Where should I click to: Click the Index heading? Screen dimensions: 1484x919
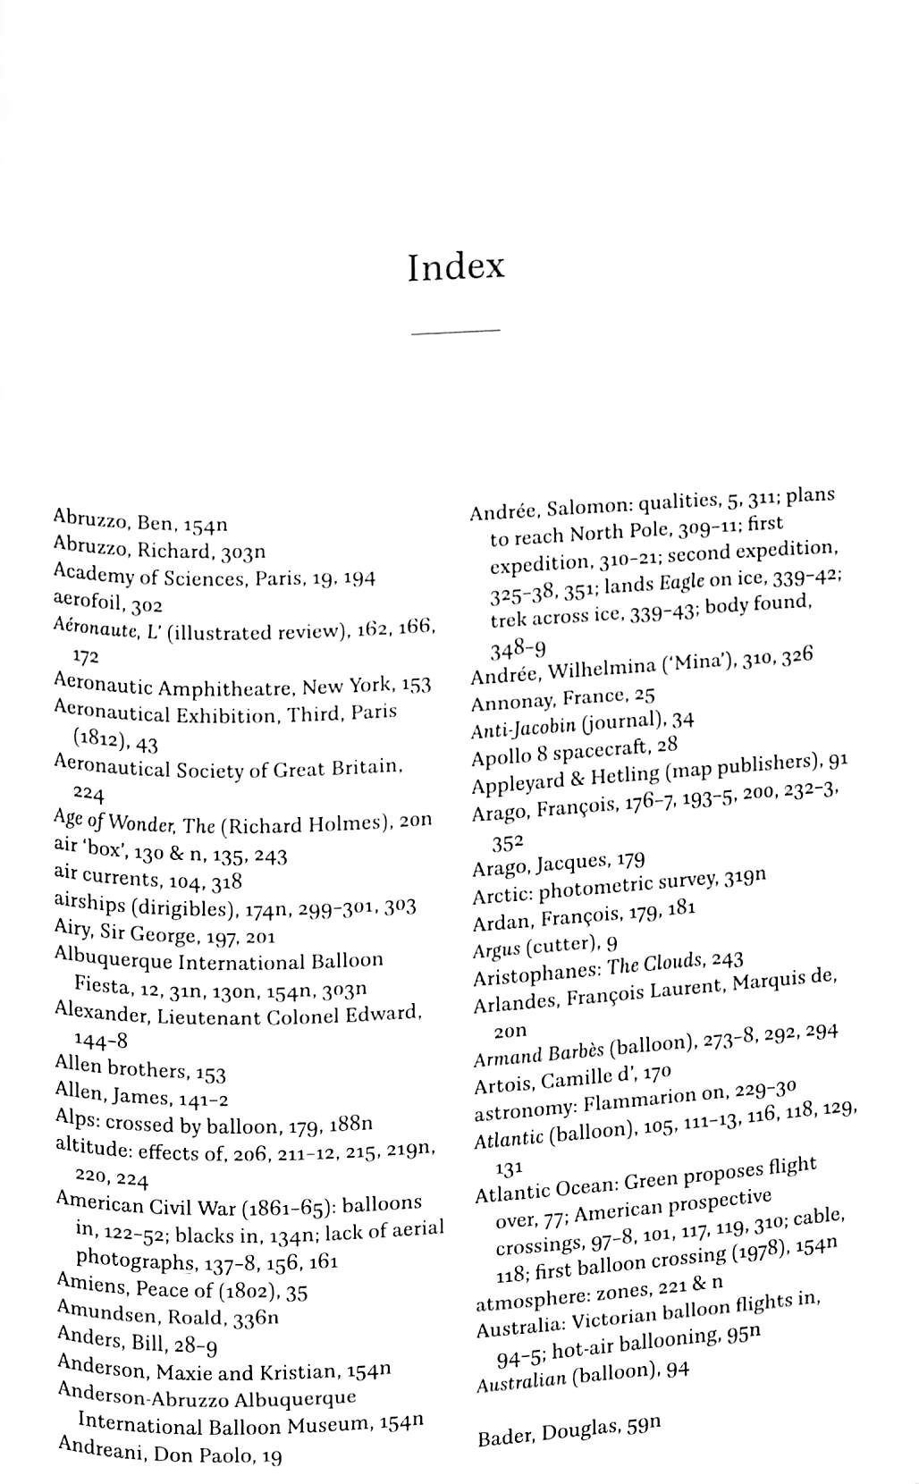(x=456, y=266)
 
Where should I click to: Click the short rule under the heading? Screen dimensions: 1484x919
(x=455, y=332)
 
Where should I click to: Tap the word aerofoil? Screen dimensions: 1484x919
(x=87, y=602)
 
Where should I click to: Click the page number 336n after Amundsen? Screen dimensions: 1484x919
(x=255, y=1319)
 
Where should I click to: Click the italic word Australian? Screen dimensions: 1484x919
(x=520, y=1380)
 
